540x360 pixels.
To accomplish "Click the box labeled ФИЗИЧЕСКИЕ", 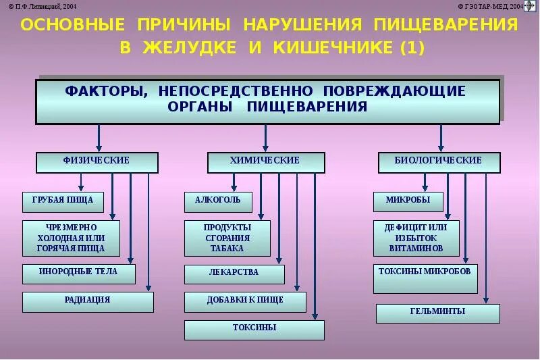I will pyautogui.click(x=97, y=162).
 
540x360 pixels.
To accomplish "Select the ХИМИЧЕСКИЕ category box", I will pyautogui.click(x=265, y=162).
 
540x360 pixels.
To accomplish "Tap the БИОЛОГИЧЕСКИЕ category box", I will pyautogui.click(x=439, y=162).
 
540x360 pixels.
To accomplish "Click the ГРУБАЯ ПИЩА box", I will pyautogui.click(x=63, y=201).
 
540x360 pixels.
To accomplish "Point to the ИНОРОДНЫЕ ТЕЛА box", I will pyautogui.click(x=78, y=274).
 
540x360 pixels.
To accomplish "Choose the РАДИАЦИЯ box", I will pyautogui.click(x=88, y=301).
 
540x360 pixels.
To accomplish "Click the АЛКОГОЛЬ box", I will pyautogui.click(x=218, y=201).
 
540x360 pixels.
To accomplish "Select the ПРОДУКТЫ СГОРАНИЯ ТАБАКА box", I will pyautogui.click(x=227, y=238).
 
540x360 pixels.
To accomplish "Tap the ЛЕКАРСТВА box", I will pyautogui.click(x=234, y=274).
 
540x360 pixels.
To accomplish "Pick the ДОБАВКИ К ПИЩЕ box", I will pyautogui.click(x=245, y=301).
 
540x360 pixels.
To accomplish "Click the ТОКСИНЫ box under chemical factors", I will pyautogui.click(x=254, y=329).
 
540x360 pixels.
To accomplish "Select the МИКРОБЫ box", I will pyautogui.click(x=408, y=201).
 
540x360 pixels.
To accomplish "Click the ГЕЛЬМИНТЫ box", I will pyautogui.click(x=437, y=313).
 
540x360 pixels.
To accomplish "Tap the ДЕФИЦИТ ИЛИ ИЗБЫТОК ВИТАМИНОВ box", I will pyautogui.click(x=416, y=238).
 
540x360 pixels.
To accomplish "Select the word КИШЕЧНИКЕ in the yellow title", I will pyautogui.click(x=333, y=48).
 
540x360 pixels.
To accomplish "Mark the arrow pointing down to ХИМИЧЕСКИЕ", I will pyautogui.click(x=266, y=138).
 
